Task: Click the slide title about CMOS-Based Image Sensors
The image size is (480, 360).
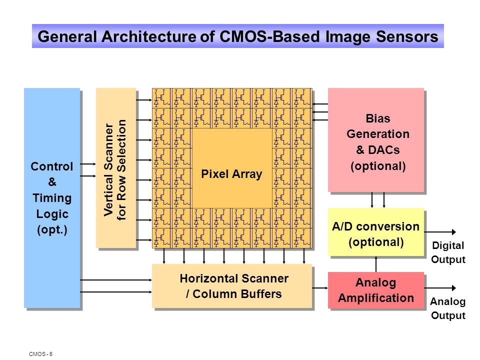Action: [238, 36]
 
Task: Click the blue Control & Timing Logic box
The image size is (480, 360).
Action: [52, 198]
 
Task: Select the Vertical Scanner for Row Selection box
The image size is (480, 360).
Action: [116, 168]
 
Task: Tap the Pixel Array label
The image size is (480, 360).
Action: [231, 174]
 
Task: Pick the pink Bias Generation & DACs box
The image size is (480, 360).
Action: [376, 140]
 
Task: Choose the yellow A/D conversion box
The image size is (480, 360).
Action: [376, 231]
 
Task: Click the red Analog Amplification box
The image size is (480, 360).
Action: [376, 290]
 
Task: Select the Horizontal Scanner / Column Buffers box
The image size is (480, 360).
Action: [232, 286]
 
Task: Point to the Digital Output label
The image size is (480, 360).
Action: [448, 252]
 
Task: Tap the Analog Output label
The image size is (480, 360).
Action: [448, 308]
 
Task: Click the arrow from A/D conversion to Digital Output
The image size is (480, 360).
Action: [440, 232]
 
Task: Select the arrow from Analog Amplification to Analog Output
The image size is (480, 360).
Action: [440, 288]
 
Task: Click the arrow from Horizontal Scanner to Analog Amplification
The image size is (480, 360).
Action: [320, 288]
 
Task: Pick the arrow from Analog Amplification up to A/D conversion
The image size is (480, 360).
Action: [376, 264]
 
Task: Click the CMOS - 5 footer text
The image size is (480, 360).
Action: [40, 354]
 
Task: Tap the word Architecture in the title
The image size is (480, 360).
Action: [149, 36]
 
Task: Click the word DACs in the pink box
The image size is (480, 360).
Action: [384, 150]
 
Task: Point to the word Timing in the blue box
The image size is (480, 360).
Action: [52, 198]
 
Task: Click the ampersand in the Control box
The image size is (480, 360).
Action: [52, 182]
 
